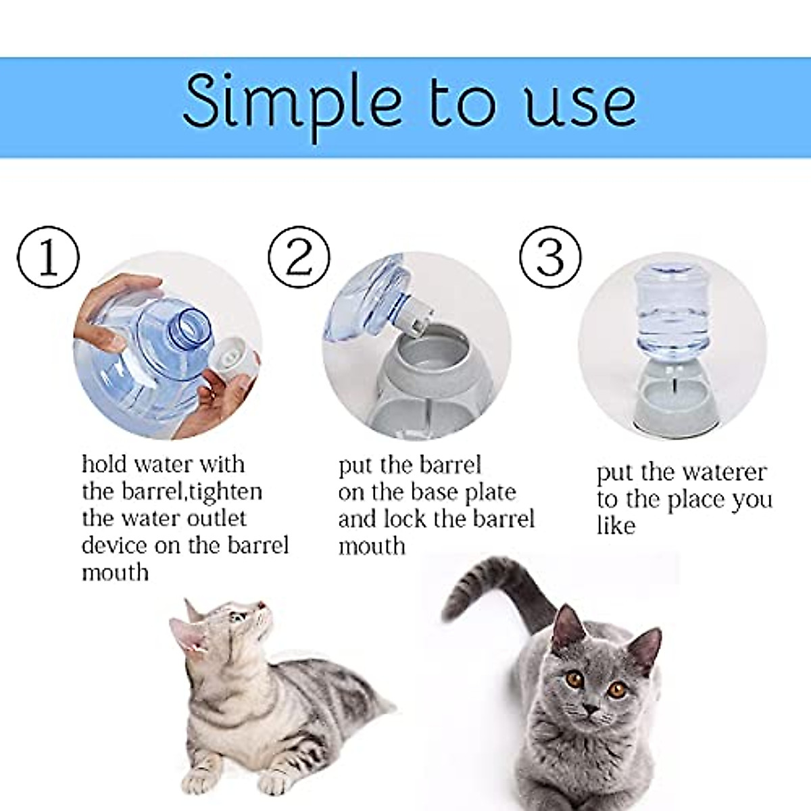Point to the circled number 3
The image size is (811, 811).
pyautogui.click(x=550, y=257)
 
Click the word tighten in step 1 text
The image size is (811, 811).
pyautogui.click(x=225, y=491)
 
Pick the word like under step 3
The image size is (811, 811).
pyautogui.click(x=616, y=526)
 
